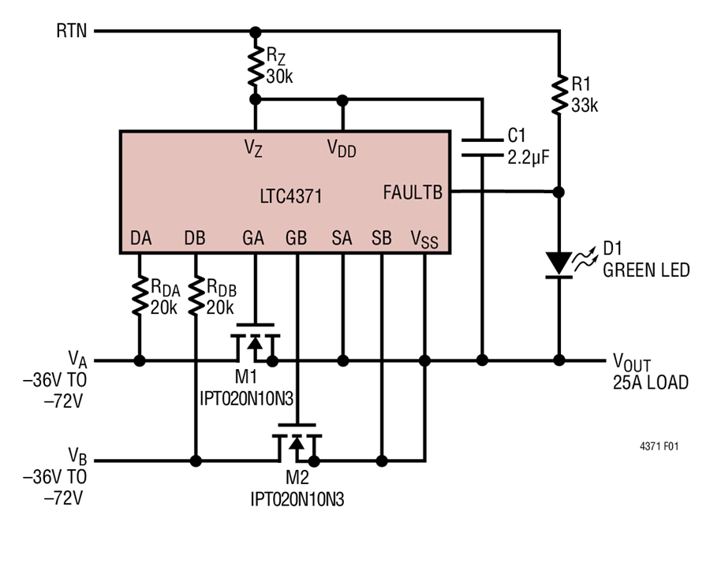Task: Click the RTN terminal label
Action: coord(73,32)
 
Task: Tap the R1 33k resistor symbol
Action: coord(559,95)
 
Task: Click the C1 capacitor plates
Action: coord(481,147)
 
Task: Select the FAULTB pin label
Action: coord(413,192)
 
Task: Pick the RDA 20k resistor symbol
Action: coord(139,295)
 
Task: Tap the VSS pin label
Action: coord(424,238)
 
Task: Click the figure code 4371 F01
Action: coord(659,446)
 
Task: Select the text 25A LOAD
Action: coord(650,383)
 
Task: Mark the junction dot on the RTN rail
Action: coord(255,32)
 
